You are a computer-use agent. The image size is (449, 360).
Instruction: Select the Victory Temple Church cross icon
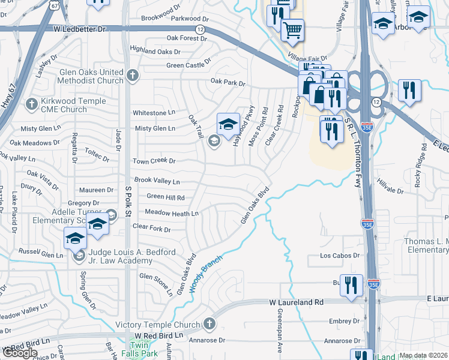pos(209,325)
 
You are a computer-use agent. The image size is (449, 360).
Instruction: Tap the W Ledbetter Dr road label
pos(79,29)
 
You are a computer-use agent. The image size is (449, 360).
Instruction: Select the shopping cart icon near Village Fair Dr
pos(292,30)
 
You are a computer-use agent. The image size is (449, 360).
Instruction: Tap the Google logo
pos(20,353)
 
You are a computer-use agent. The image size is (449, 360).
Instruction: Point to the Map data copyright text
pos(424,355)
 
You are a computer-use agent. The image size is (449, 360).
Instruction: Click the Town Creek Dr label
pos(154,161)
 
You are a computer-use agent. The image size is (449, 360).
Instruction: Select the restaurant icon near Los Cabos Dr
pos(351,285)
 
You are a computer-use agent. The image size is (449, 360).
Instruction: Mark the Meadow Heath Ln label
pos(172,213)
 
